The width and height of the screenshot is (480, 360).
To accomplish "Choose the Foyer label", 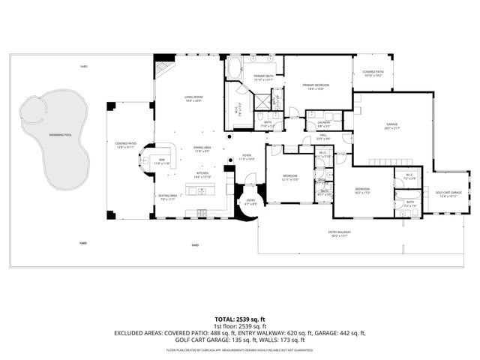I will coord(247,157).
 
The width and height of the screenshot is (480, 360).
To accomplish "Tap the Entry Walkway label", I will coord(339,233).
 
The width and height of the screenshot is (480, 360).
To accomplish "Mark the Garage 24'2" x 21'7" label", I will coord(391,126).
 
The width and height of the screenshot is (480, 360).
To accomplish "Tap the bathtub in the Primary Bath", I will coord(233,70).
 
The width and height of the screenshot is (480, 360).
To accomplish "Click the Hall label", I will coord(323,137).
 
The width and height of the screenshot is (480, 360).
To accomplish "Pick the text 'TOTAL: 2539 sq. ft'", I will coord(240,319).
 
